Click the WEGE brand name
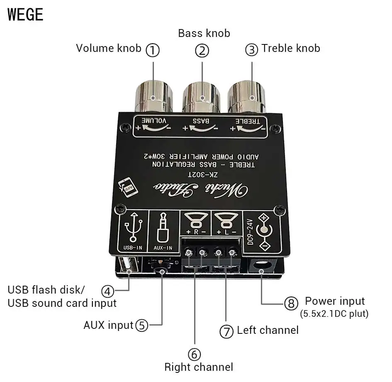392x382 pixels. pos(25,15)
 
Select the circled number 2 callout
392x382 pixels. pos(202,51)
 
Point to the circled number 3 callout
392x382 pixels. pos(252,50)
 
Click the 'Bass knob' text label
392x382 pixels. pos(204,33)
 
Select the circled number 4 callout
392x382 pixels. pos(108,291)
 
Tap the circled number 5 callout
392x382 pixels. pos(142,325)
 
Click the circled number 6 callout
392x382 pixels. pos(194,354)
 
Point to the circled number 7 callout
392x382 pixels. pos(226,331)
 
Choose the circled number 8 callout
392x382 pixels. pos(291,303)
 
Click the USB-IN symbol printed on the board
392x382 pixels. pos(133,231)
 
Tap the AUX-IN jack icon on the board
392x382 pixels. pos(163,231)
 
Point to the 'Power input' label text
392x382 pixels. pos(335,301)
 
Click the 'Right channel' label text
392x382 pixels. pos(199,367)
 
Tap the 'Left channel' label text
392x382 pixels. pos(268,331)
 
